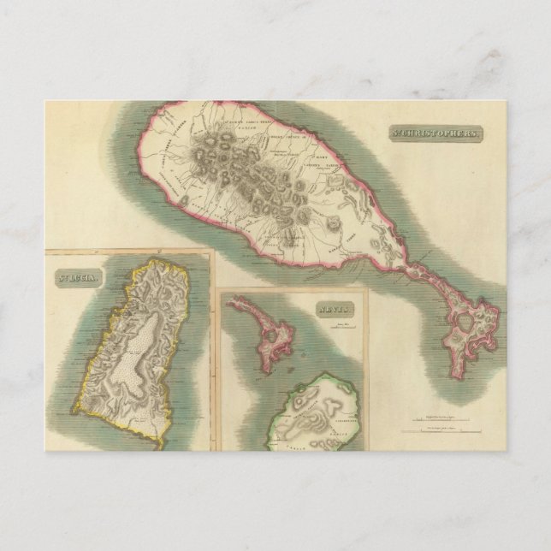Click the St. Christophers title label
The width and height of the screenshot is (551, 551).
pos(436,134)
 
